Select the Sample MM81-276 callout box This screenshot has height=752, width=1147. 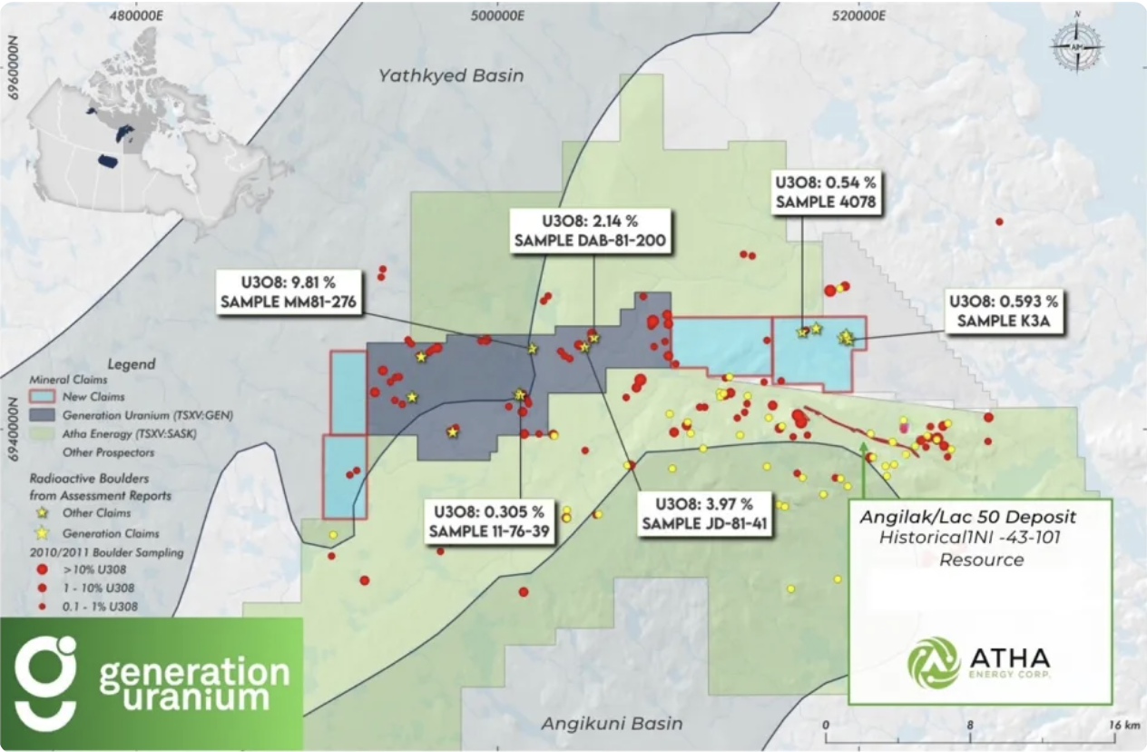289,292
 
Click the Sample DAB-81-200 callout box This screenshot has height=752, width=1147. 590,232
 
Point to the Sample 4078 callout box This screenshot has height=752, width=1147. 825,192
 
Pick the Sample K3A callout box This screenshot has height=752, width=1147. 1003,311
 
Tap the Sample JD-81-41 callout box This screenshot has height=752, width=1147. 697,514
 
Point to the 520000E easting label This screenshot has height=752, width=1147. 858,14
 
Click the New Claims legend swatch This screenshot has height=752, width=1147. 45,397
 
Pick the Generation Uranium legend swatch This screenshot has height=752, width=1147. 45,415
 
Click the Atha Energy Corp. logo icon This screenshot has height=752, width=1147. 934,662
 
